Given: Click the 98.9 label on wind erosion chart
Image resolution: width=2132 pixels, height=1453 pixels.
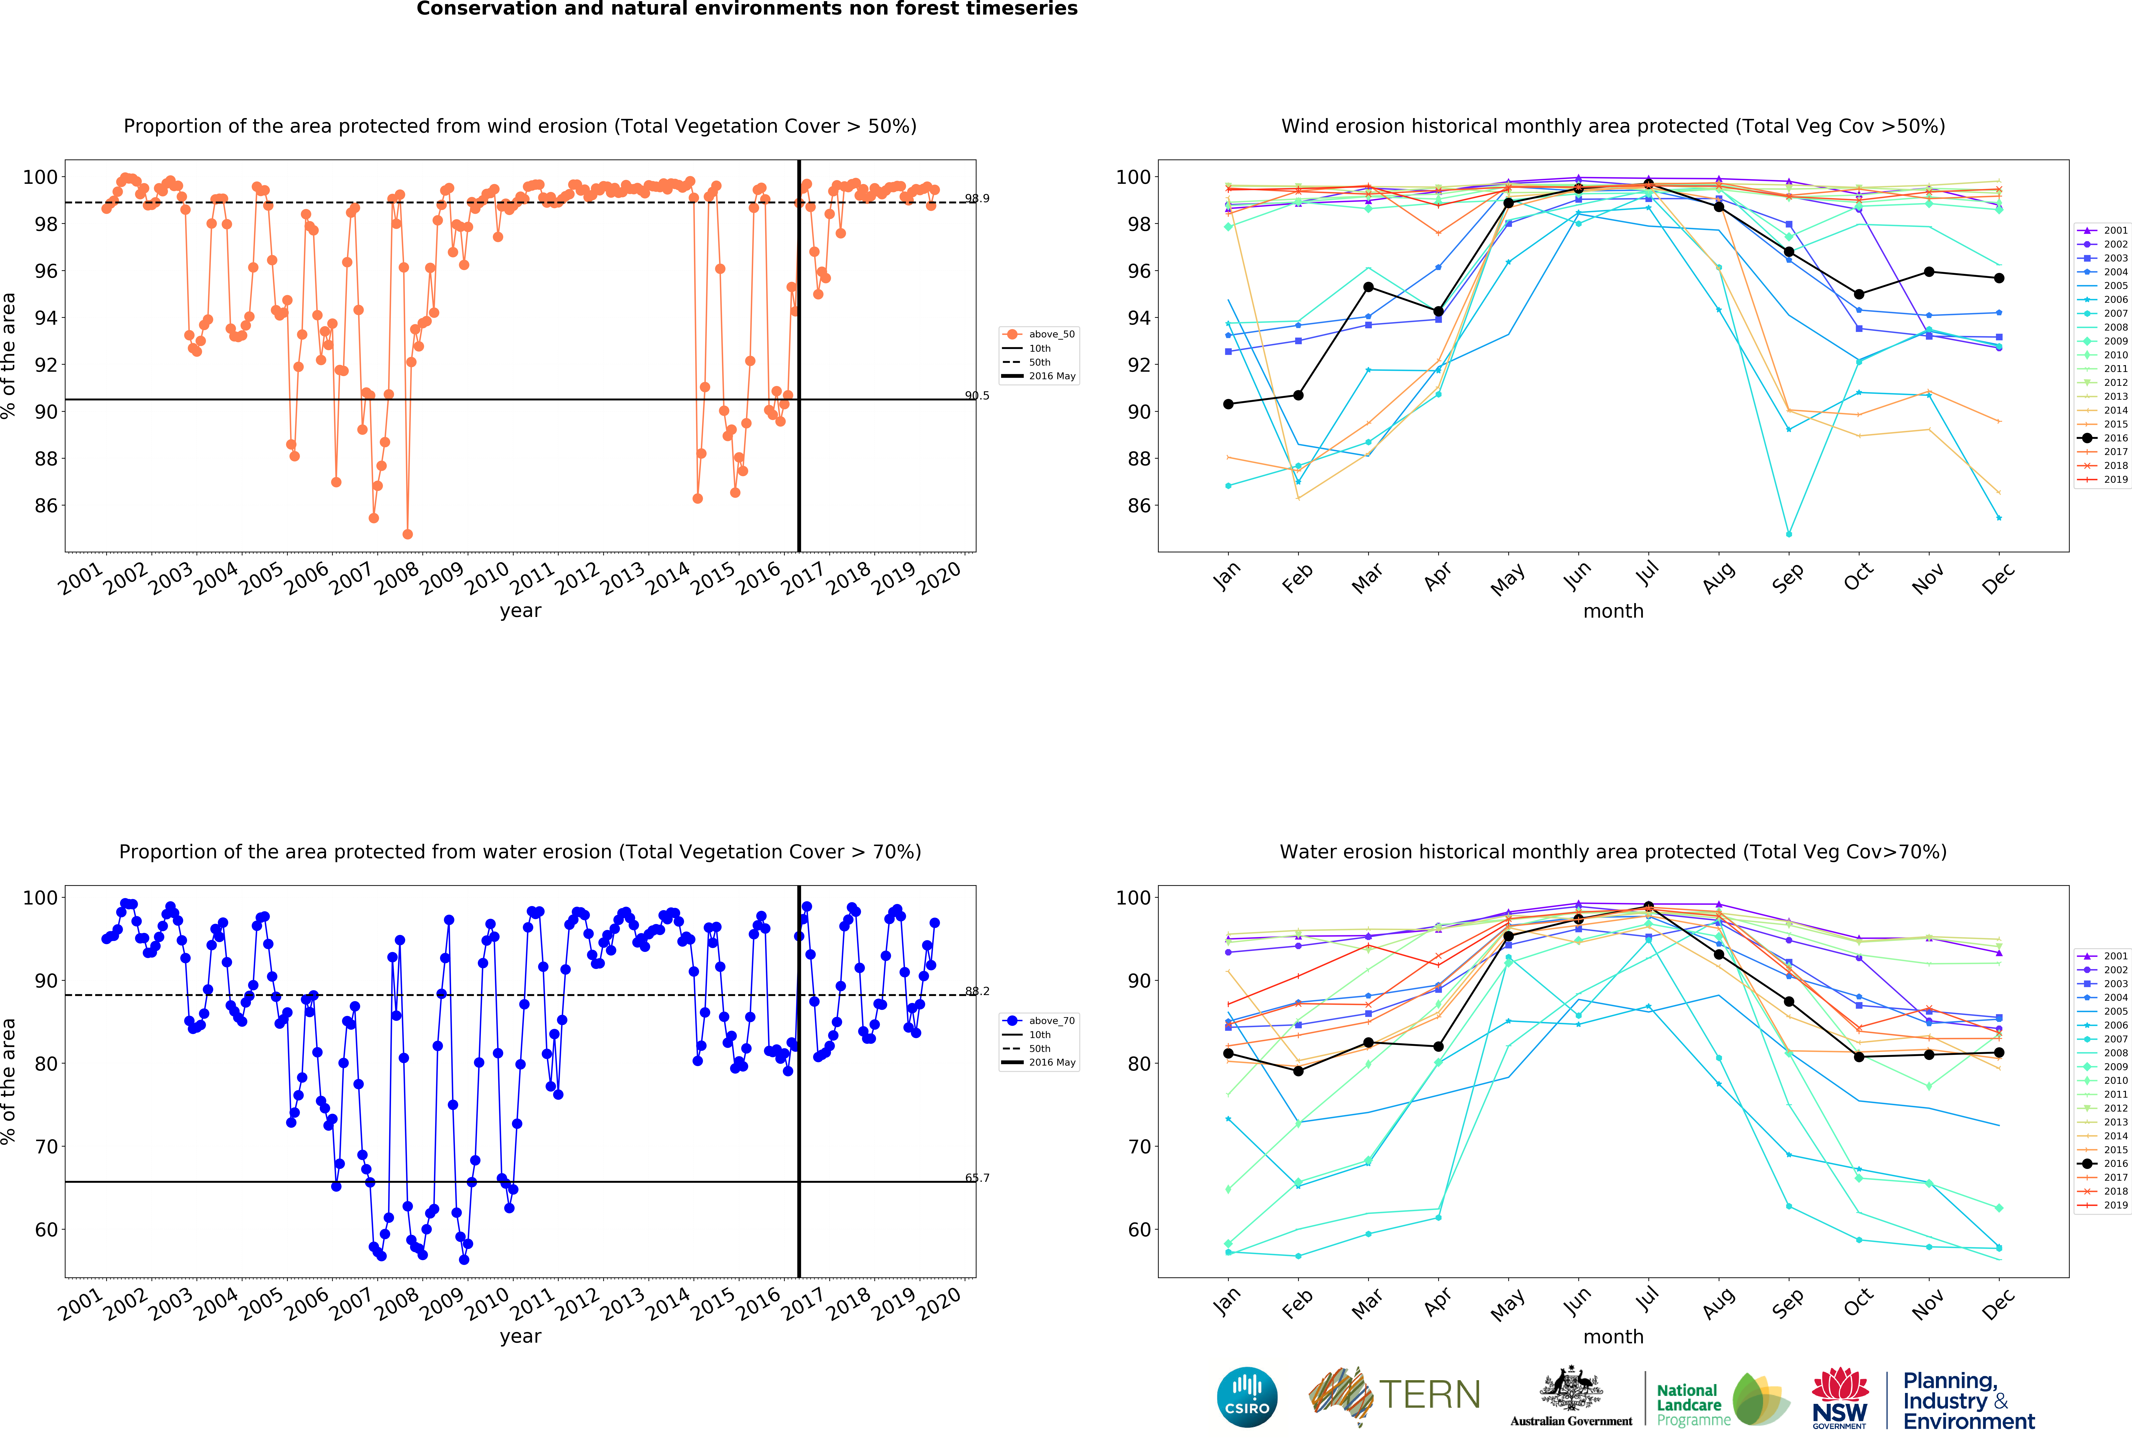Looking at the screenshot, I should tap(977, 198).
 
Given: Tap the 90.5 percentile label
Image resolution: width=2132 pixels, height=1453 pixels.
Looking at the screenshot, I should tap(977, 395).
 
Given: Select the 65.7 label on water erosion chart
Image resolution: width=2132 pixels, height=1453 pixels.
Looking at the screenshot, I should tap(977, 1178).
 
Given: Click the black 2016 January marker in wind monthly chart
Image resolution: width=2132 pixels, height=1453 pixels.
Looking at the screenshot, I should tap(1228, 404).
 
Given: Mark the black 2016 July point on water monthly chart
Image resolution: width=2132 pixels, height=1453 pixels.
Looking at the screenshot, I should tap(1649, 906).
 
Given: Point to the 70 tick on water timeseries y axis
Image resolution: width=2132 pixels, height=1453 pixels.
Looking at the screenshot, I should tap(46, 1147).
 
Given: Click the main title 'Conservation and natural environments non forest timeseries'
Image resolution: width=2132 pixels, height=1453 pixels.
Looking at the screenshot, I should tap(747, 9).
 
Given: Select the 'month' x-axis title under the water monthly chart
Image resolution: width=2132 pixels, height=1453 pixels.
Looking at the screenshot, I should tap(1613, 1337).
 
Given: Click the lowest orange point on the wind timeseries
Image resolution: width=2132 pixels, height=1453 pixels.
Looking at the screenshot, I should tap(407, 534).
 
